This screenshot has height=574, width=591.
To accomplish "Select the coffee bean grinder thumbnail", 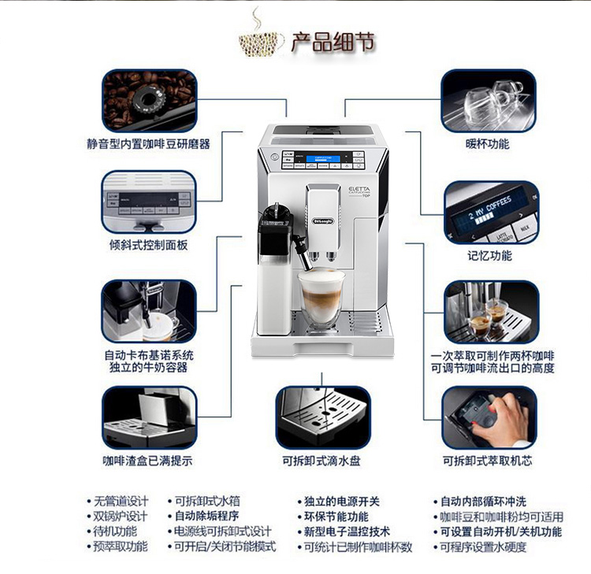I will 149,100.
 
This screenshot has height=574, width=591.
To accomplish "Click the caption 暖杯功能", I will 487,144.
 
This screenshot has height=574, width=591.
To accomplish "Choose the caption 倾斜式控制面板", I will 149,245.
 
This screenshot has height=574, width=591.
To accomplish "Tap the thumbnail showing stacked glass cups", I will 488,100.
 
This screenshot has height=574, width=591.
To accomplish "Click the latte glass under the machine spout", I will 322,300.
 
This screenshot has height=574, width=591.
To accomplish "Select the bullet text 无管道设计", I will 121,501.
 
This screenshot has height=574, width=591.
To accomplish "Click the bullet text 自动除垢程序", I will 206,517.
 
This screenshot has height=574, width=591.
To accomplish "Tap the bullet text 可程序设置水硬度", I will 483,547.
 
